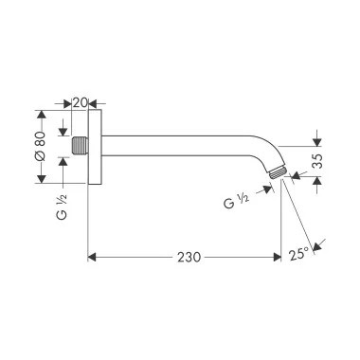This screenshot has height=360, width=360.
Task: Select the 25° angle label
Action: (x=299, y=254)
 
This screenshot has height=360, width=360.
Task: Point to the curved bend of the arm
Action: (x=259, y=153)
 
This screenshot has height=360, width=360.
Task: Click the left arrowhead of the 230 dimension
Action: (x=92, y=256)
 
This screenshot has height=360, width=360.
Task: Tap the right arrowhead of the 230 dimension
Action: (x=278, y=256)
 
